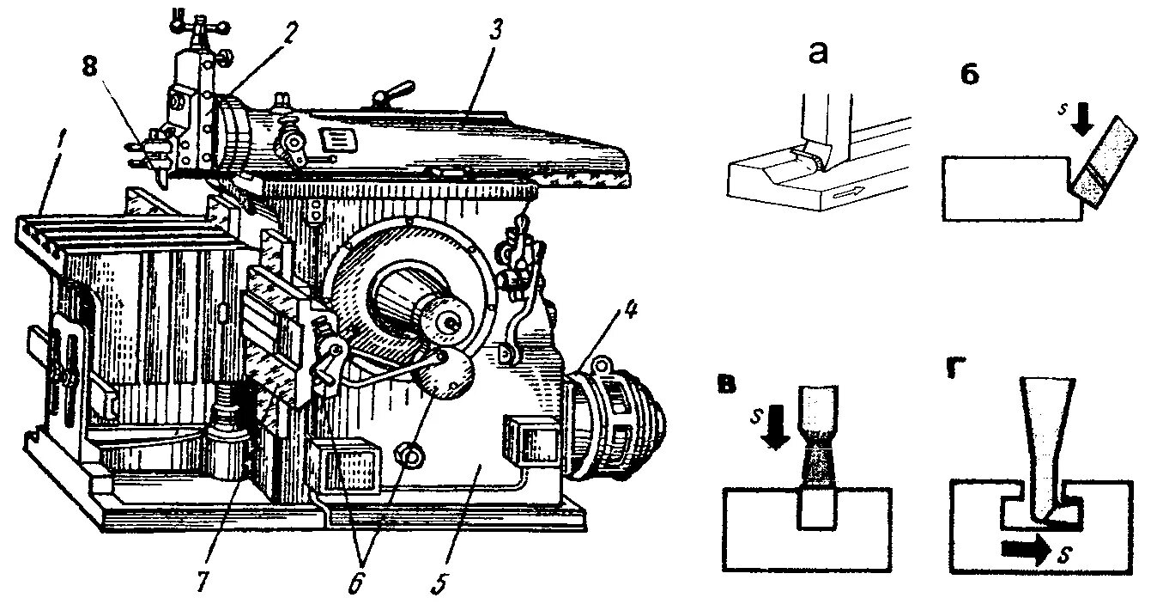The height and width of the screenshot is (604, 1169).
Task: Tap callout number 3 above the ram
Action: click(x=497, y=27)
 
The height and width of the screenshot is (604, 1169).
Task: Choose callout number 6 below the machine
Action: click(x=355, y=579)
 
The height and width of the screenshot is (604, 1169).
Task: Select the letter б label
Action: click(x=969, y=75)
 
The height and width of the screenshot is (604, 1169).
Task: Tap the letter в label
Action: click(x=726, y=383)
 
